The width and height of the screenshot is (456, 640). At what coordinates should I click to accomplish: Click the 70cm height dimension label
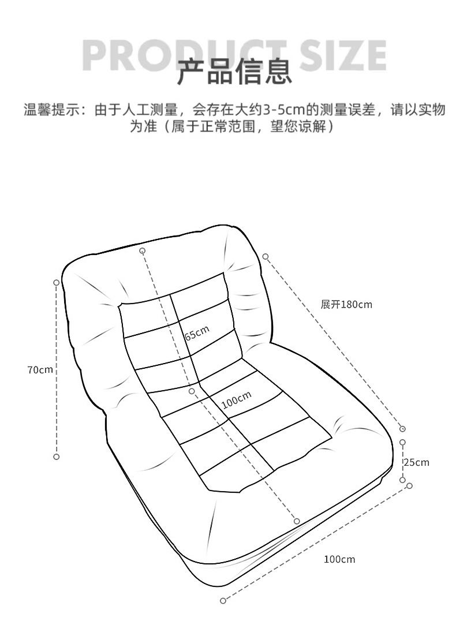click(x=40, y=370)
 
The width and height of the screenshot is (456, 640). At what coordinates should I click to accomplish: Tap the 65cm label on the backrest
click(x=197, y=334)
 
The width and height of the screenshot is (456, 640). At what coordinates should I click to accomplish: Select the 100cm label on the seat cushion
click(x=237, y=399)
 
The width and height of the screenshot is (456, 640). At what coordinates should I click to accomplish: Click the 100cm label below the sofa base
click(x=339, y=559)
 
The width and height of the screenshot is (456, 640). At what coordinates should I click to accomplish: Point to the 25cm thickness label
click(x=416, y=462)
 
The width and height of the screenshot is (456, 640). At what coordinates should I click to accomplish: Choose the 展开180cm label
click(x=346, y=304)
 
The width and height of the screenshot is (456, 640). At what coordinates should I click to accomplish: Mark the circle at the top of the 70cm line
click(x=57, y=283)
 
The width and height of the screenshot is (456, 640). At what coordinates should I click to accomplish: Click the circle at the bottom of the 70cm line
click(x=57, y=456)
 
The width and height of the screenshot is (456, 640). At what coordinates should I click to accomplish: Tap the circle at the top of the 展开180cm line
click(x=266, y=256)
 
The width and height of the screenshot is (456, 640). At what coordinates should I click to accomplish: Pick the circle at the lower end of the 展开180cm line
click(x=402, y=429)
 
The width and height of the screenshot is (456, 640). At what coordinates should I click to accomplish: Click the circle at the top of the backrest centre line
click(x=142, y=250)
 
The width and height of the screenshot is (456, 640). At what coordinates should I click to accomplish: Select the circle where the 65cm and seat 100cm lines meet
click(x=192, y=391)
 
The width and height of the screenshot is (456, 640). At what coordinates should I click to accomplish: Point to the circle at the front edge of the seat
click(x=297, y=521)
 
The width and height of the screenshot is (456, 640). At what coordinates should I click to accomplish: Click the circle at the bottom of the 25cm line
click(x=402, y=480)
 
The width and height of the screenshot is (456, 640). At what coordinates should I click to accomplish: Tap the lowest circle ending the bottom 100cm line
click(x=223, y=601)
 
